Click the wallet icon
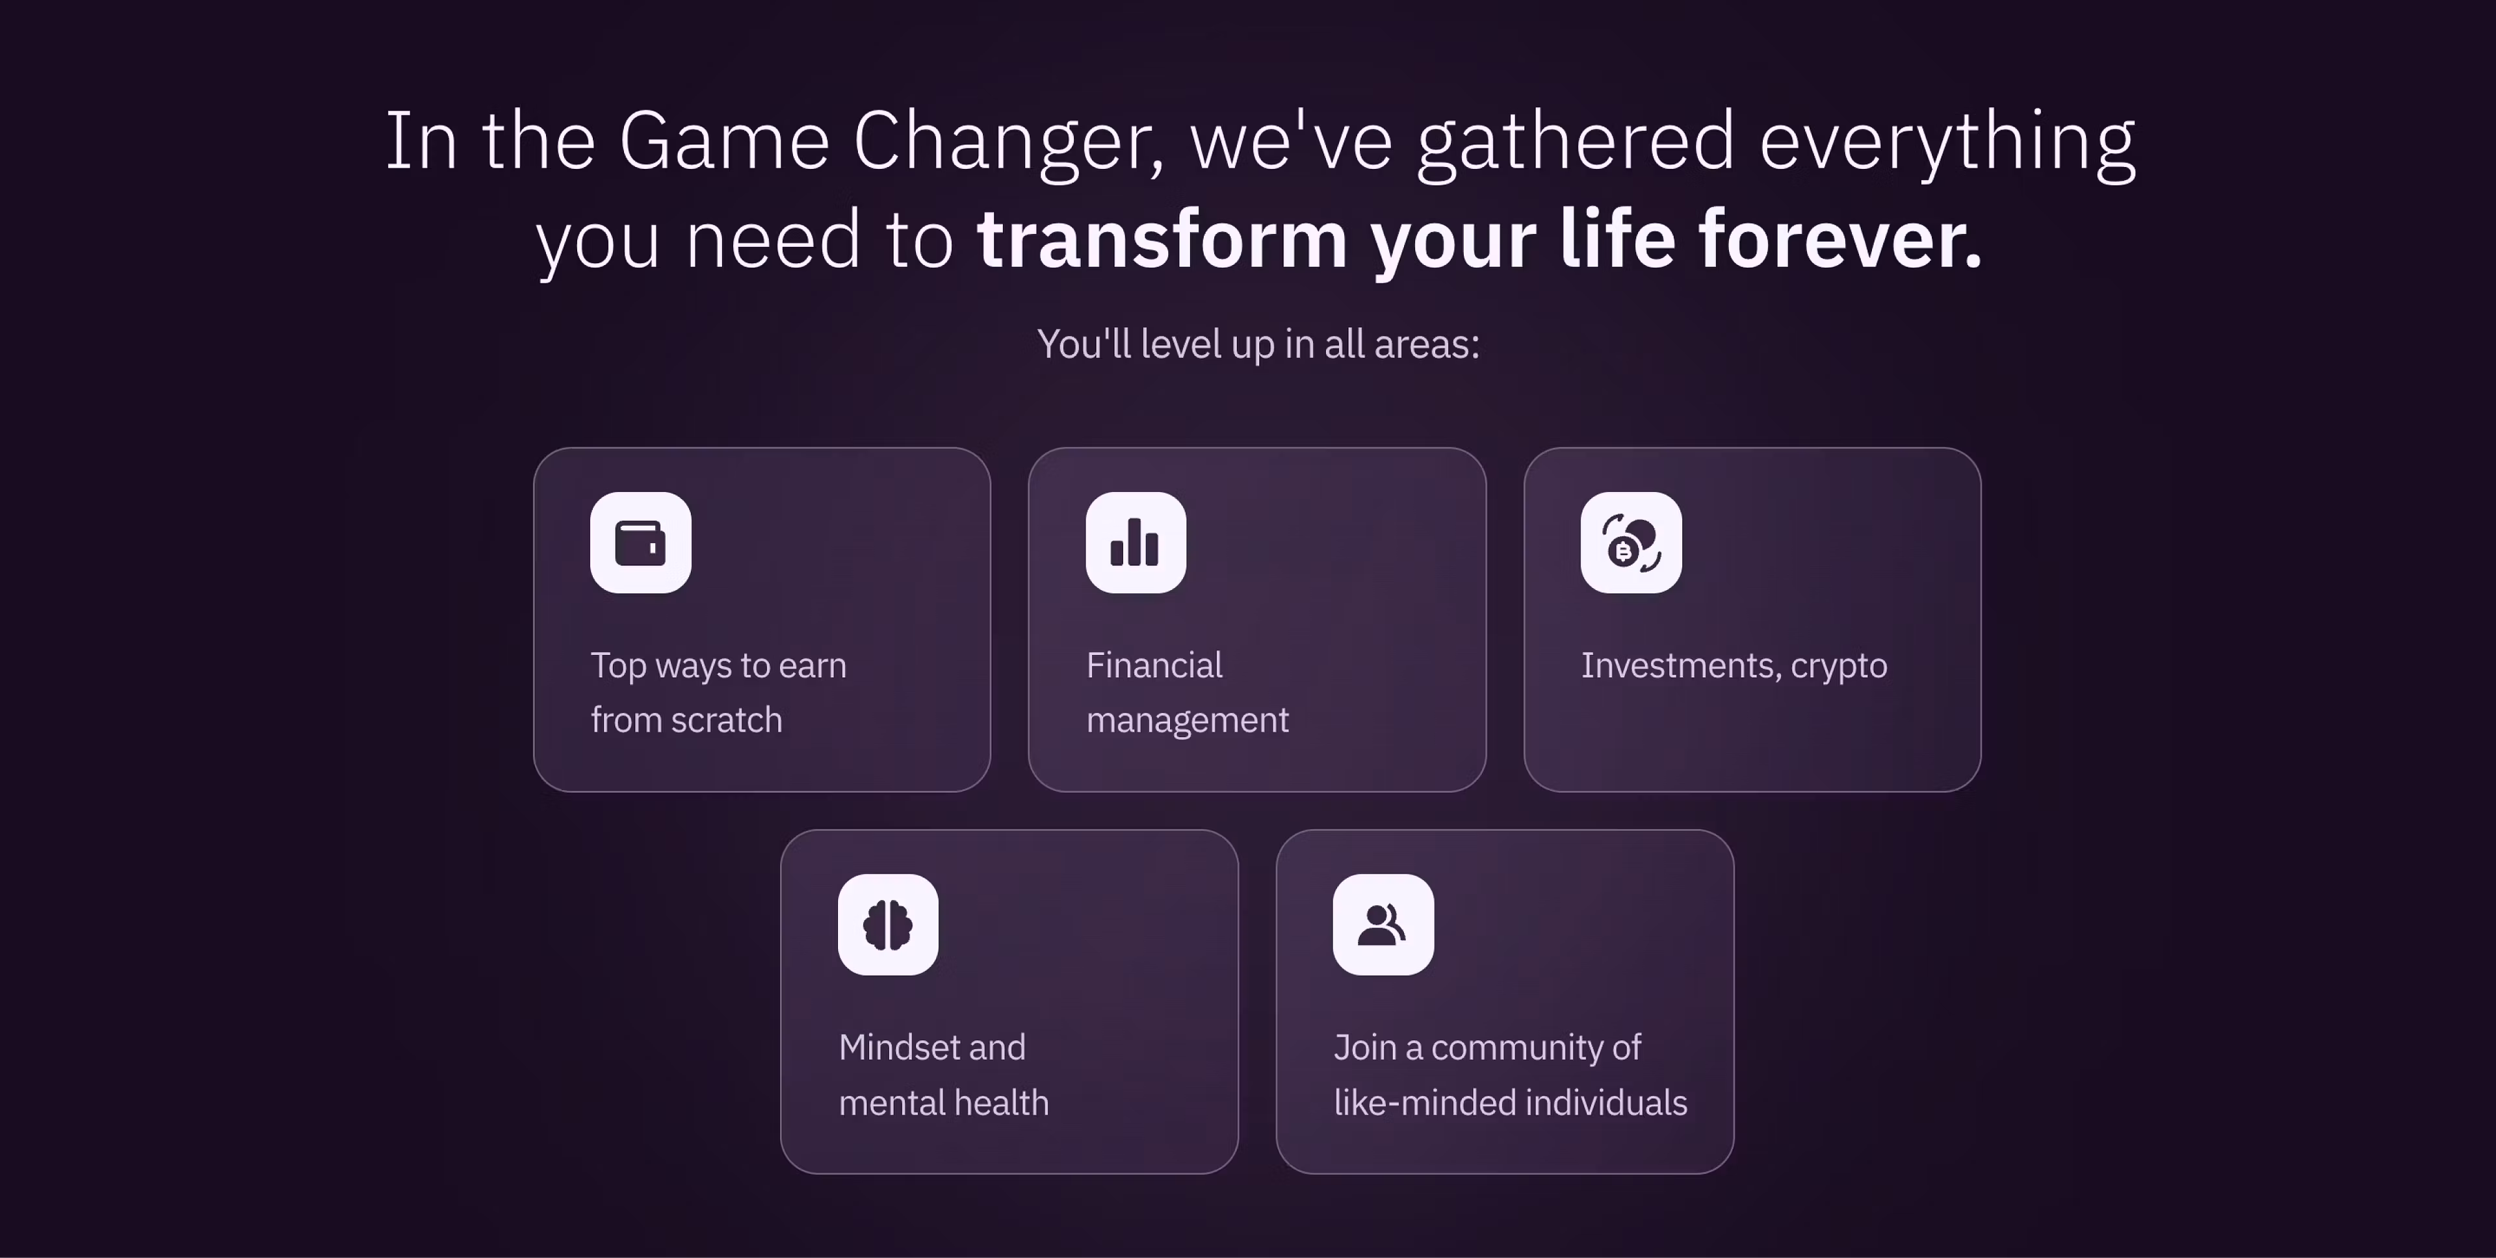(640, 543)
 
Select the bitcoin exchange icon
(1631, 543)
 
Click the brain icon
(887, 925)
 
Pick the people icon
(1382, 925)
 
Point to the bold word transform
(1162, 239)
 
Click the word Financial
(1154, 665)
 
